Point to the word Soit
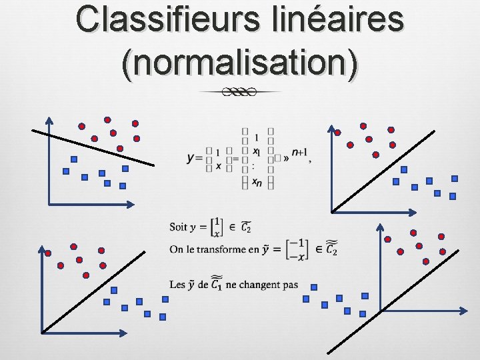click(x=178, y=227)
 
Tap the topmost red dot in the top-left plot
click(x=107, y=120)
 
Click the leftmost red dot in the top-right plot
click(x=337, y=132)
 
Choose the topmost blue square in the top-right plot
click(x=455, y=179)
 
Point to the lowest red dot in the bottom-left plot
click(x=85, y=275)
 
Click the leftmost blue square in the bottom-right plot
click(x=306, y=299)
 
